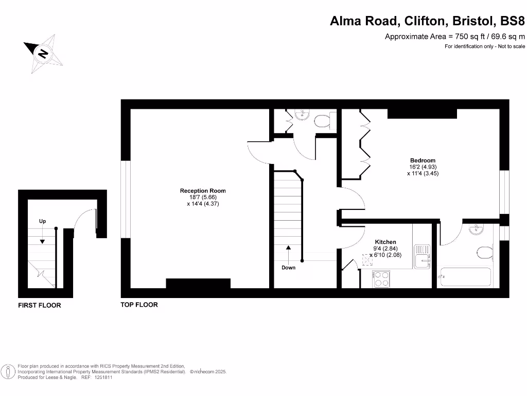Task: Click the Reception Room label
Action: coord(203,191)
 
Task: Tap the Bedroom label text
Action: coord(423,160)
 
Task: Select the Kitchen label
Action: coord(385,242)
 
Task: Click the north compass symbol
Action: coord(43,52)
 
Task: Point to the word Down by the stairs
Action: coord(288,268)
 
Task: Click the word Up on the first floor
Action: coord(43,221)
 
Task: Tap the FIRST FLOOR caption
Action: coord(40,305)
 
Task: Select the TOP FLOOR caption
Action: coord(139,305)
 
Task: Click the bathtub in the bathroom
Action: coord(464,277)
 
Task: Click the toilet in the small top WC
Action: coord(323,121)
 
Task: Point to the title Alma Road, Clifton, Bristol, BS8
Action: coord(427,21)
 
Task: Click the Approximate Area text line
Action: coord(455,37)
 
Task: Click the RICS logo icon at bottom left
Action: coord(8,371)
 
